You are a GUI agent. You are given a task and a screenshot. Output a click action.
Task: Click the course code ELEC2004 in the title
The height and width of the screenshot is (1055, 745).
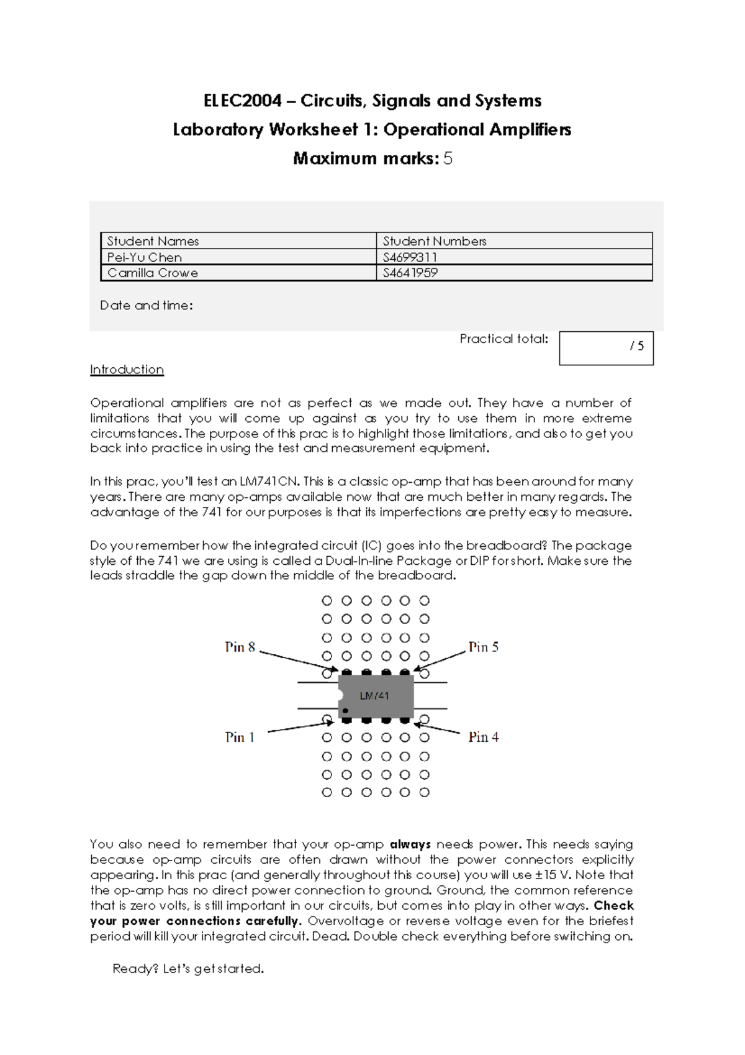[x=243, y=101]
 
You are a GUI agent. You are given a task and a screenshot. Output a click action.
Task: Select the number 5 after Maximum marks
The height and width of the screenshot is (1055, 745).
[x=448, y=158]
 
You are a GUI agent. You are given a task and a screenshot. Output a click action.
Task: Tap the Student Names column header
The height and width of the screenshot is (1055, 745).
[x=153, y=241]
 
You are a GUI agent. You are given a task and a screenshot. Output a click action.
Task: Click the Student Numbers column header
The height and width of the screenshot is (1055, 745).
[x=435, y=241]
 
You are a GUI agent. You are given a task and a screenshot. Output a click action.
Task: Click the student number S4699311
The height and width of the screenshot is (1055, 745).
[x=410, y=257]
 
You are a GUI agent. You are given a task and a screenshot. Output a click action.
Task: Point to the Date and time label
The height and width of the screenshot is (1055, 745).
[x=147, y=305]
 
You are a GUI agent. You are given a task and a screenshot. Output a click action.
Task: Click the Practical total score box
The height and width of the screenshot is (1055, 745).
[x=606, y=348]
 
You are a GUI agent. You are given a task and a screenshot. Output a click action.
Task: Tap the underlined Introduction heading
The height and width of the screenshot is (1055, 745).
[x=127, y=370]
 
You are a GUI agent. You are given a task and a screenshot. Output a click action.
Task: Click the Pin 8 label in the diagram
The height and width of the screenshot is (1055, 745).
[x=240, y=647]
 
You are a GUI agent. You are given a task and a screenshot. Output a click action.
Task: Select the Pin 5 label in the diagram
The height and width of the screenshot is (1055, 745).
[x=483, y=647]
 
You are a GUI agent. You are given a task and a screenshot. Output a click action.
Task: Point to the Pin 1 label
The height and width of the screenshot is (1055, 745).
[x=240, y=737]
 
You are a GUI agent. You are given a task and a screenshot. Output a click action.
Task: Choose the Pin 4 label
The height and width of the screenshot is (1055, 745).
[x=483, y=737]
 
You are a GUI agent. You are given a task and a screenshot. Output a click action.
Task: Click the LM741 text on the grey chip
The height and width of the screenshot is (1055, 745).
[x=374, y=696]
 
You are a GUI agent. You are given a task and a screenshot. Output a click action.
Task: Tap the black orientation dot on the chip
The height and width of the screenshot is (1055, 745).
[x=345, y=711]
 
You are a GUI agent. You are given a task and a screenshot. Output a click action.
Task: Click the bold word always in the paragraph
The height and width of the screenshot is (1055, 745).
[x=410, y=844]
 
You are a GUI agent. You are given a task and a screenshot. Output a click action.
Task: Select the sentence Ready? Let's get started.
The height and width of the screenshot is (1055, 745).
[x=188, y=969]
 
